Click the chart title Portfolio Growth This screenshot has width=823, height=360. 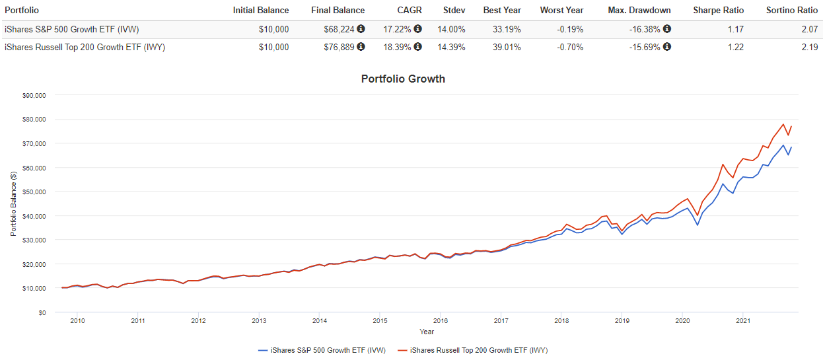[403, 79]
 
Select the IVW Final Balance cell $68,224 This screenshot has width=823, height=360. [340, 29]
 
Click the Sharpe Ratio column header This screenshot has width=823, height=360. [718, 10]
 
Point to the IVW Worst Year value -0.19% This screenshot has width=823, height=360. [569, 29]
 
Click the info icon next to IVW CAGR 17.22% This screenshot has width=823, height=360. [417, 29]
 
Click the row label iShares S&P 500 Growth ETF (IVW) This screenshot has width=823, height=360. [71, 29]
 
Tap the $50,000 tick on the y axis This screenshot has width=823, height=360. [32, 192]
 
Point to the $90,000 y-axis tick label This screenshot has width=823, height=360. [32, 95]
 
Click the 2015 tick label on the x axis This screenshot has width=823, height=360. [379, 321]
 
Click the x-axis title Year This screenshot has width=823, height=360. [427, 332]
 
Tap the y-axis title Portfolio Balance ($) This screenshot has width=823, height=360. [13, 203]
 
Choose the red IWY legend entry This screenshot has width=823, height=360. [474, 350]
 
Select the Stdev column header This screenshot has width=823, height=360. [454, 10]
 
